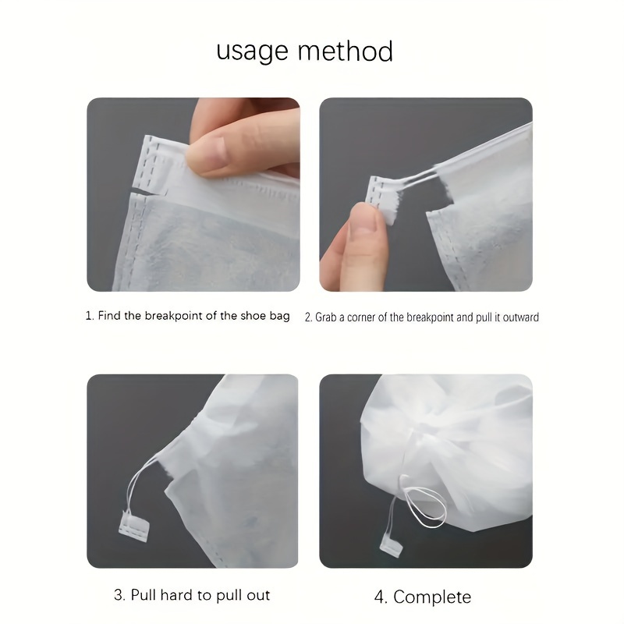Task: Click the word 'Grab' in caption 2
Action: tap(327, 317)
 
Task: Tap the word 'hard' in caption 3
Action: tap(177, 595)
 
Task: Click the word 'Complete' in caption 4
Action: tap(432, 597)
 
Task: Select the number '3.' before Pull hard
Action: tap(119, 595)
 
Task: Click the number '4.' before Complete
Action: tap(381, 597)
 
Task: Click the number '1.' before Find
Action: tap(90, 316)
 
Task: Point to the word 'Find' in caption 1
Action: tap(109, 316)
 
